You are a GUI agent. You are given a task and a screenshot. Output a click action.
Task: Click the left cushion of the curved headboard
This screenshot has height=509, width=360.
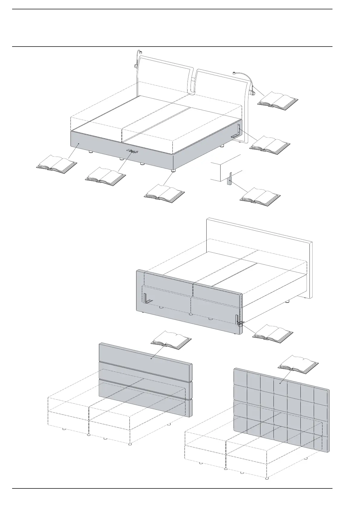click(x=163, y=77)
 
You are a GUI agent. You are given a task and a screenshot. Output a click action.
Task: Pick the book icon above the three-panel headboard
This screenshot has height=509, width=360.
click(x=171, y=340)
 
